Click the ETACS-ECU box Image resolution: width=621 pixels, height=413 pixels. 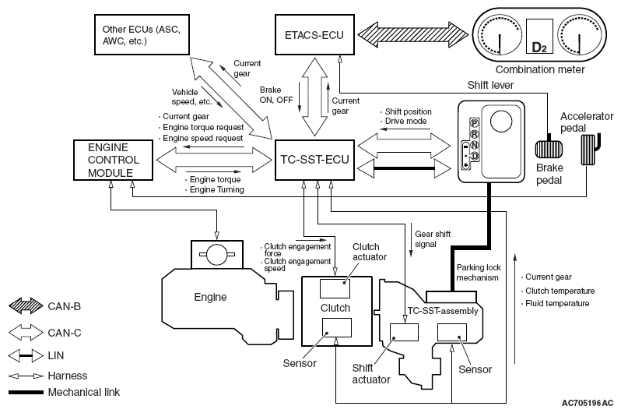pyautogui.click(x=314, y=34)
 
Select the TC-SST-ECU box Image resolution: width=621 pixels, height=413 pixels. pyautogui.click(x=314, y=160)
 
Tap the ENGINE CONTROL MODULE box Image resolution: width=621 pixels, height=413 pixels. pyautogui.click(x=114, y=160)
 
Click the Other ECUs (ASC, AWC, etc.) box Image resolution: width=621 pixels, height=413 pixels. pyautogui.click(x=142, y=34)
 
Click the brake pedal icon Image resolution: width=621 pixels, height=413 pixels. pyautogui.click(x=549, y=150)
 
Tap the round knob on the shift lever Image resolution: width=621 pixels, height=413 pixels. pyautogui.click(x=501, y=122)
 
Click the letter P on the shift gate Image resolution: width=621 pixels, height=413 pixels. pyautogui.click(x=474, y=123)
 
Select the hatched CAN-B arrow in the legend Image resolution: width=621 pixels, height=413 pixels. pyautogui.click(x=26, y=306)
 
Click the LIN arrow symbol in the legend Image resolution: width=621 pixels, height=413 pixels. pyautogui.click(x=26, y=355)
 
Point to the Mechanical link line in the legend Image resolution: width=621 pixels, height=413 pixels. pyautogui.click(x=26, y=393)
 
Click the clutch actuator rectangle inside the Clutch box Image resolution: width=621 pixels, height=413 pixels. pyautogui.click(x=335, y=288)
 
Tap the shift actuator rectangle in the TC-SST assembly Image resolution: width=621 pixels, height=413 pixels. pyautogui.click(x=404, y=332)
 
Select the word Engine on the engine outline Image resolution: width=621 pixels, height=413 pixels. pyautogui.click(x=210, y=297)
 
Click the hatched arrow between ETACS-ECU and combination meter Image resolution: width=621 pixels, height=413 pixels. pyautogui.click(x=413, y=34)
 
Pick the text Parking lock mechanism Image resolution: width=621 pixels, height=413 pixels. pyautogui.click(x=479, y=273)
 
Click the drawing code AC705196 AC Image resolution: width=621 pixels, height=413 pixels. pyautogui.click(x=588, y=403)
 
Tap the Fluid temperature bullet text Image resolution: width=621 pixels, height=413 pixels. pyautogui.click(x=556, y=303)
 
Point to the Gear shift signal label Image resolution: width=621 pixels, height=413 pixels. pyautogui.click(x=433, y=239)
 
